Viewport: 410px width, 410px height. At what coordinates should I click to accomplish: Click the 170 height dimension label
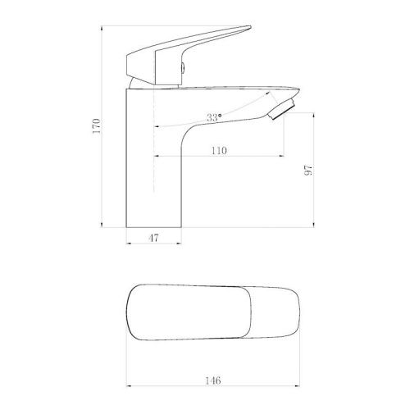[97, 126]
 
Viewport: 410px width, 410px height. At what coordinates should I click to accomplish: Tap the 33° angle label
[214, 117]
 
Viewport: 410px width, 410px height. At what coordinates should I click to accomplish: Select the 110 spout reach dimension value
[219, 151]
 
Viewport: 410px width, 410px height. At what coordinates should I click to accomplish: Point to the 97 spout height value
[308, 171]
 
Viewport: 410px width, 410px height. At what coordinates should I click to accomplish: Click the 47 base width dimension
[153, 238]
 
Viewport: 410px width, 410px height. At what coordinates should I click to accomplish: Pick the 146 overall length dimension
[213, 380]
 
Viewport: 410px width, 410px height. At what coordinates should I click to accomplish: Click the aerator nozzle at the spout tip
[282, 109]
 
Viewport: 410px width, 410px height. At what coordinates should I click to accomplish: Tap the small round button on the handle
[183, 67]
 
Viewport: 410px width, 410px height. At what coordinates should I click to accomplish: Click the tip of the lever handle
[250, 27]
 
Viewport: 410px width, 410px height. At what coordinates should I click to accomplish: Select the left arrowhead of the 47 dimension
[128, 243]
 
